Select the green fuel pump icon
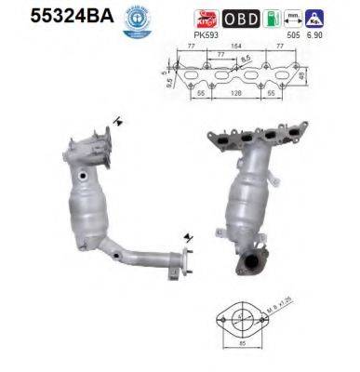[271, 18]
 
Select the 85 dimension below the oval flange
[242, 354]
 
